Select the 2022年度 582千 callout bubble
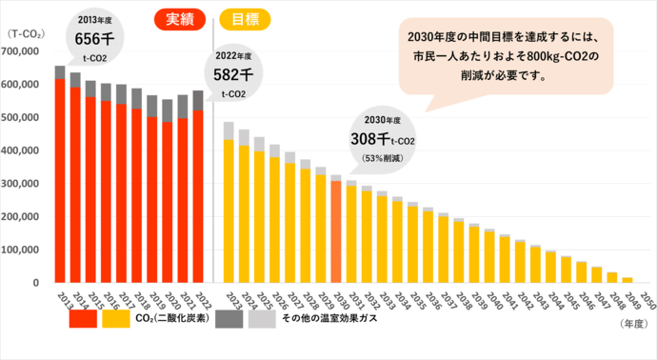(233, 76)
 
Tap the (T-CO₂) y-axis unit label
(24, 34)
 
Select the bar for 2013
(60, 176)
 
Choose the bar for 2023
(229, 205)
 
